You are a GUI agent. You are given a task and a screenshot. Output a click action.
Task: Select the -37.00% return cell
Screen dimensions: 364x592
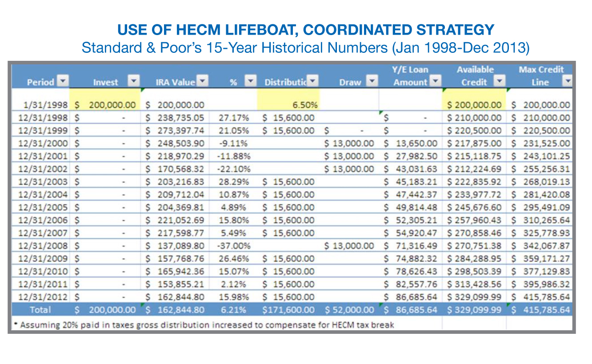pyautogui.click(x=234, y=246)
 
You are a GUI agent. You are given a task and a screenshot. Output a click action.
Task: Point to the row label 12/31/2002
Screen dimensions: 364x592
pyautogui.click(x=44, y=169)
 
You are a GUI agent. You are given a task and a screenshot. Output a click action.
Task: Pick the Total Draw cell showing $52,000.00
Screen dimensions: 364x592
pyautogui.click(x=350, y=310)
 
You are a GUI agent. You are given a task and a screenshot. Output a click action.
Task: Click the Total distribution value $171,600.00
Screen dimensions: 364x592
pyautogui.click(x=288, y=310)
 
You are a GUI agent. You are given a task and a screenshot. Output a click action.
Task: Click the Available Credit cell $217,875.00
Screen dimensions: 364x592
pyautogui.click(x=474, y=143)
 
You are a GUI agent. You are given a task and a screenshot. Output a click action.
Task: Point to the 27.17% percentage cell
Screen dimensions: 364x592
pyautogui.click(x=234, y=118)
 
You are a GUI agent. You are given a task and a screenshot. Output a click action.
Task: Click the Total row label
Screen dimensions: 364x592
pyautogui.click(x=40, y=310)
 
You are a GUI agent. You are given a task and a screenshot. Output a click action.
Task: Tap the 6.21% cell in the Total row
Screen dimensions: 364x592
pyautogui.click(x=234, y=310)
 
